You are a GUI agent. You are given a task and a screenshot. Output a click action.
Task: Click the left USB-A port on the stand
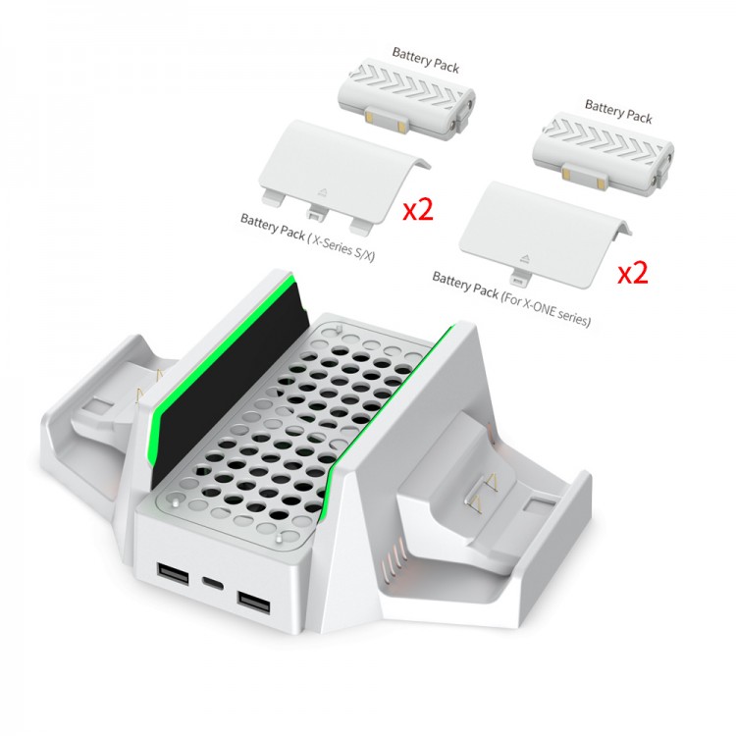[x=173, y=573]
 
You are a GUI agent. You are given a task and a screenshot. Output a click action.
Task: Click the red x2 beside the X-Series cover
[x=418, y=209]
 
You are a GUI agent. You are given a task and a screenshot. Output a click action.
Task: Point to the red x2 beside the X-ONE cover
[x=633, y=273]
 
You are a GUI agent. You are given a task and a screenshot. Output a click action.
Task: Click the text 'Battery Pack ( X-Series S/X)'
[x=307, y=237]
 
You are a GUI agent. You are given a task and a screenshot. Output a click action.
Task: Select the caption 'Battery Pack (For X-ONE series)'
[x=511, y=298]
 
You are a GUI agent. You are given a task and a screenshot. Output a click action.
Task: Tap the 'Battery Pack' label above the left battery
[x=425, y=60]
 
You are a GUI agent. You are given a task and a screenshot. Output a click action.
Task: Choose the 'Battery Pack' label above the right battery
[x=618, y=111]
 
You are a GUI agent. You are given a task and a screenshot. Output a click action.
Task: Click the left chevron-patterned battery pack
[x=406, y=99]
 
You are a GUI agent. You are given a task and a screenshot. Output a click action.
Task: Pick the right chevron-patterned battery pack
[x=604, y=151]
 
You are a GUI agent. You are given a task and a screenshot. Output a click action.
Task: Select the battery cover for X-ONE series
[x=546, y=234]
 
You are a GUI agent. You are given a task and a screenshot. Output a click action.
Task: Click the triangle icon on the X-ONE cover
[x=524, y=258]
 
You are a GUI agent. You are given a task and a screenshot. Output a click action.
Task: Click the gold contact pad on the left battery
[x=369, y=116]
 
